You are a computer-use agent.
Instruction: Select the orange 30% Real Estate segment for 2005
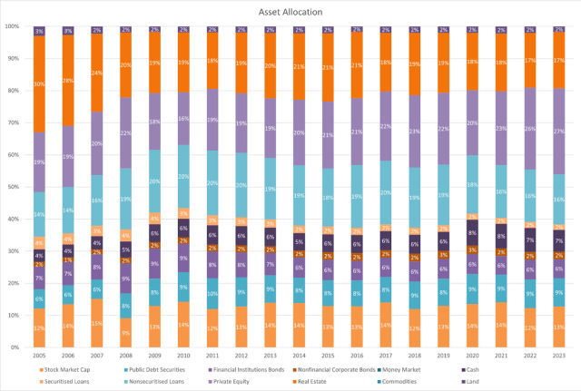tap(39, 84)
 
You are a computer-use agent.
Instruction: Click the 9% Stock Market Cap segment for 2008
tap(126, 332)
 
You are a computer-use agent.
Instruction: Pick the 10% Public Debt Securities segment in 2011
tap(212, 293)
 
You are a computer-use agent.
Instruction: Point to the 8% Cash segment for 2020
tap(473, 233)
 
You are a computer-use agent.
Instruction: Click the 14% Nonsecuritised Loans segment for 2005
tap(39, 215)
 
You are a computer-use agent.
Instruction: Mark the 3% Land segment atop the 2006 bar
tap(68, 31)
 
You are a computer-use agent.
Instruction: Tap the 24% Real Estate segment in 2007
tap(97, 73)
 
